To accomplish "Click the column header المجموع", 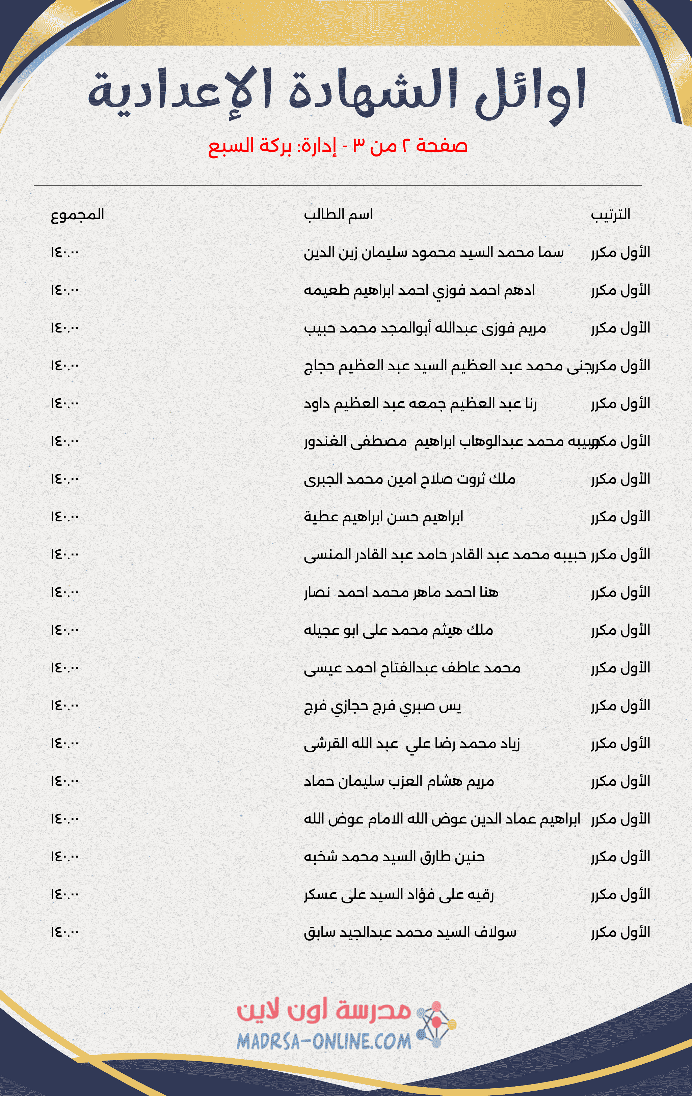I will (77, 214).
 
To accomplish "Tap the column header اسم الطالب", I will (338, 214).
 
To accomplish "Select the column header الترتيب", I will (610, 214).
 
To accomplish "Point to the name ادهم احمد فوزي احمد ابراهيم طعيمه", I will (419, 290).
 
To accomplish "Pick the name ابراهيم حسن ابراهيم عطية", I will (383, 517).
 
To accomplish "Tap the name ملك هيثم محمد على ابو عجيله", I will (398, 630).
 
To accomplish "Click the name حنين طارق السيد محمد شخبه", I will (394, 857).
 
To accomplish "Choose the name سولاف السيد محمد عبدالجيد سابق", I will (410, 932).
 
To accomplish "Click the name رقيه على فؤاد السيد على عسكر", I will (399, 895).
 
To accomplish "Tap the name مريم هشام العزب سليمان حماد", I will (399, 781).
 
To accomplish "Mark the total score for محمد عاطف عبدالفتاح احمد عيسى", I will (65, 668).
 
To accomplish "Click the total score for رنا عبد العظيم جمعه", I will (65, 403).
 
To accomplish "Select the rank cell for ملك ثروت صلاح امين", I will (620, 479).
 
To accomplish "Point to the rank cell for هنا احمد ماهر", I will (620, 592).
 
